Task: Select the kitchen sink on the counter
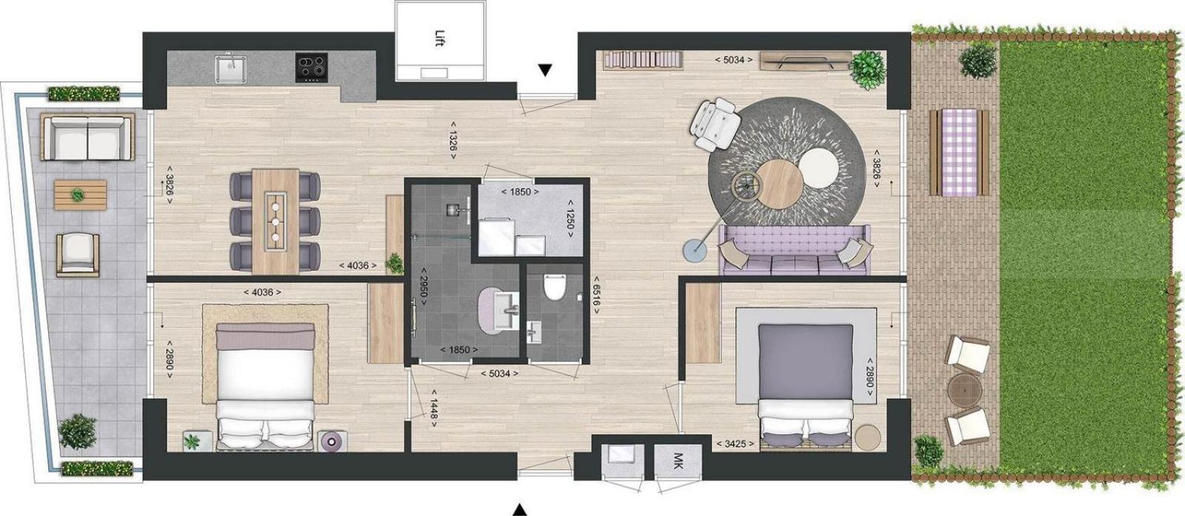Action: (x=230, y=67)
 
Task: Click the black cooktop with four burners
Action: (x=312, y=67)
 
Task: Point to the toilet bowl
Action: (x=555, y=288)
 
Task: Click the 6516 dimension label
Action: (x=595, y=295)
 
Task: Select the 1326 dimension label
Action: (x=453, y=138)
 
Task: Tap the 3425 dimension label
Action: (x=735, y=443)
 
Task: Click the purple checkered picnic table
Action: (x=959, y=152)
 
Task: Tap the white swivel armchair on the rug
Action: (x=715, y=124)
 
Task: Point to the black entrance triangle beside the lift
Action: (x=545, y=70)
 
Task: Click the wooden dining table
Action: (x=275, y=221)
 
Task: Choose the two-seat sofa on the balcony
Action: (x=88, y=138)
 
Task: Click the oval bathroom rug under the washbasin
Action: (x=498, y=309)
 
